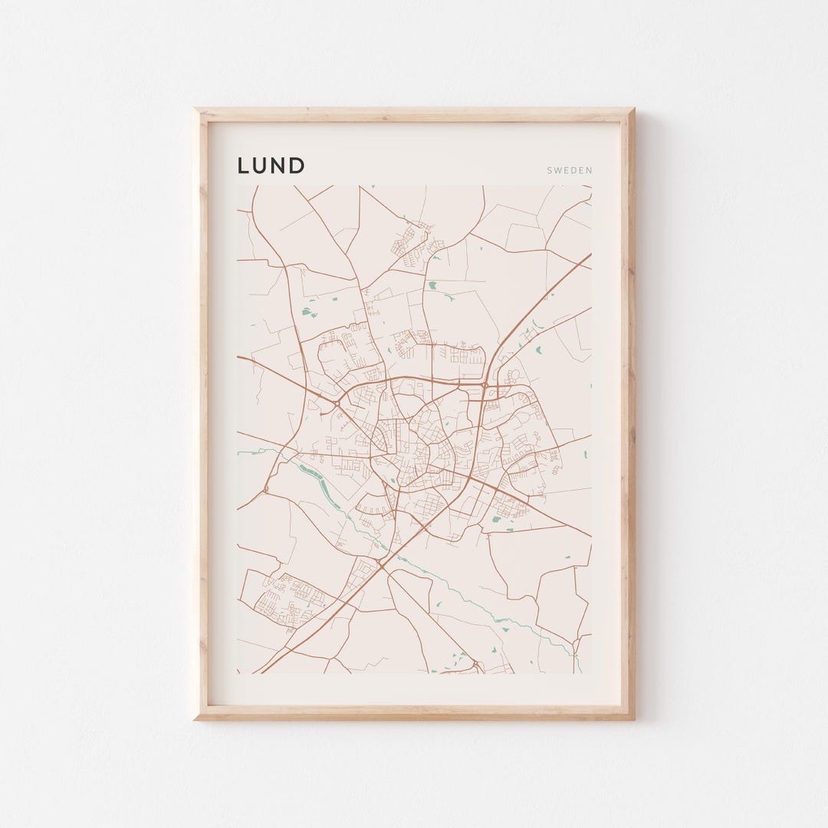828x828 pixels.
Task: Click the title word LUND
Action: point(271,166)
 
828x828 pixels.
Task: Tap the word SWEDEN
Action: point(570,171)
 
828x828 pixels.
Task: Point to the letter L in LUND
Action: point(242,166)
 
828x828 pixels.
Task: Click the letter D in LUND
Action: point(297,166)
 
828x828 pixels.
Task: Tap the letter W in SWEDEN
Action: point(558,171)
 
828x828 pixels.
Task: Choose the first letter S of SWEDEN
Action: point(550,171)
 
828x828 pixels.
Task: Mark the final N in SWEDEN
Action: point(589,171)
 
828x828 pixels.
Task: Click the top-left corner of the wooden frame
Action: point(195,109)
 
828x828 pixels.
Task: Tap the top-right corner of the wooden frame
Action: point(633,109)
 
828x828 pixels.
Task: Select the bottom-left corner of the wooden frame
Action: point(195,719)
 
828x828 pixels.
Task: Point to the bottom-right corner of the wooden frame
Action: point(633,719)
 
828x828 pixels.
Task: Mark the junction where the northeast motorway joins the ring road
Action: point(485,385)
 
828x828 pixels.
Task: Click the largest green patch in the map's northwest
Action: point(308,312)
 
